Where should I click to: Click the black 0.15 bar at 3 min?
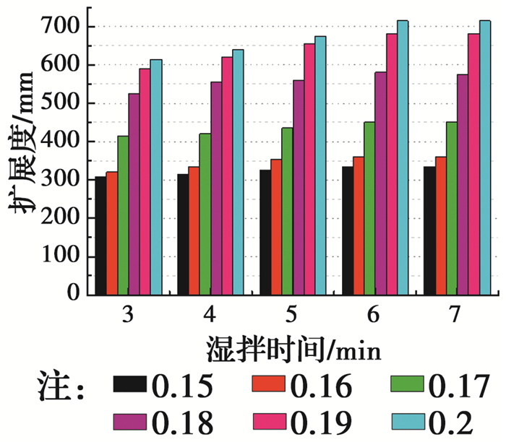100,235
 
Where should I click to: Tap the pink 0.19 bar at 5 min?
309,169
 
